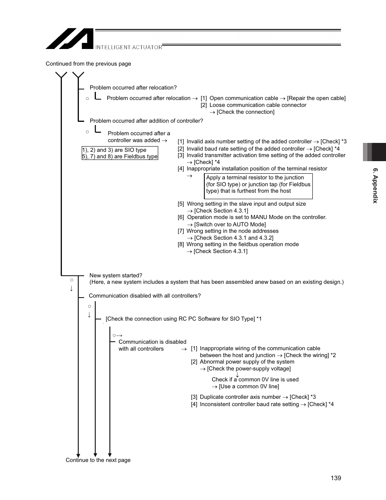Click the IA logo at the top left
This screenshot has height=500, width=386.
coord(70,39)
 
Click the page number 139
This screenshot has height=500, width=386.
coord(335,478)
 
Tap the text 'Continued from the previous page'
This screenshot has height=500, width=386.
coord(88,64)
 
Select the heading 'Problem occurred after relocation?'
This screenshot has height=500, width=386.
coord(133,88)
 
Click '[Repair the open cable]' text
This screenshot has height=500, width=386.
coord(316,98)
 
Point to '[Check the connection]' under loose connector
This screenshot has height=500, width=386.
coord(245,112)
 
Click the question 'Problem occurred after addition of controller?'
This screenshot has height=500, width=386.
coord(146,121)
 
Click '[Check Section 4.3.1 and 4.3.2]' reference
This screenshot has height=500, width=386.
coord(233,238)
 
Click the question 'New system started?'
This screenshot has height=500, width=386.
coord(116,276)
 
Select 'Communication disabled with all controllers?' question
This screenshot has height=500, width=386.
coord(144,296)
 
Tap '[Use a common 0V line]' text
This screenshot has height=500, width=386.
coord(249,387)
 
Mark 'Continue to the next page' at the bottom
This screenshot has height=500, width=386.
coord(98,460)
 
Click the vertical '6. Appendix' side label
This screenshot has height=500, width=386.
coord(375,185)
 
